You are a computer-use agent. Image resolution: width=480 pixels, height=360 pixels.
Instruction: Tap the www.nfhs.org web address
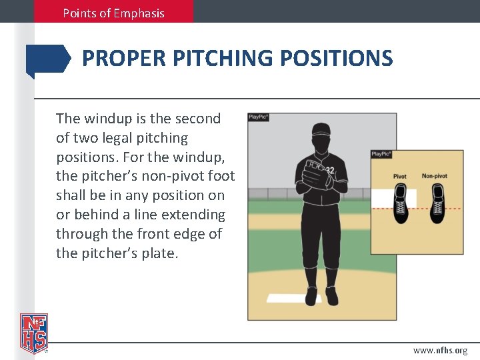point(440,350)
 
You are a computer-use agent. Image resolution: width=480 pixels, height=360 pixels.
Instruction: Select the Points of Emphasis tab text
point(113,13)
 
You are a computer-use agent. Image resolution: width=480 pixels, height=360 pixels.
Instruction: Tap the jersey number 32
point(330,171)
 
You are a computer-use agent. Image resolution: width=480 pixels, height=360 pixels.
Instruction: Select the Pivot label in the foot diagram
point(399,177)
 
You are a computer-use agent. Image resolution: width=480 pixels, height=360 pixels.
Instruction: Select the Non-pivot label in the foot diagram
point(434,176)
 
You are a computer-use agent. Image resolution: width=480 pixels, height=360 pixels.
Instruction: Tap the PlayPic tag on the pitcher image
point(258,117)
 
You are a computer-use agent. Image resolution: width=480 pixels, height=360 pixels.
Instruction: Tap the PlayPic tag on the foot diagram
point(381,154)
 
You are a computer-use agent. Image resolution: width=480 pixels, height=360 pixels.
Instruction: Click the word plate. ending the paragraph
point(160,254)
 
